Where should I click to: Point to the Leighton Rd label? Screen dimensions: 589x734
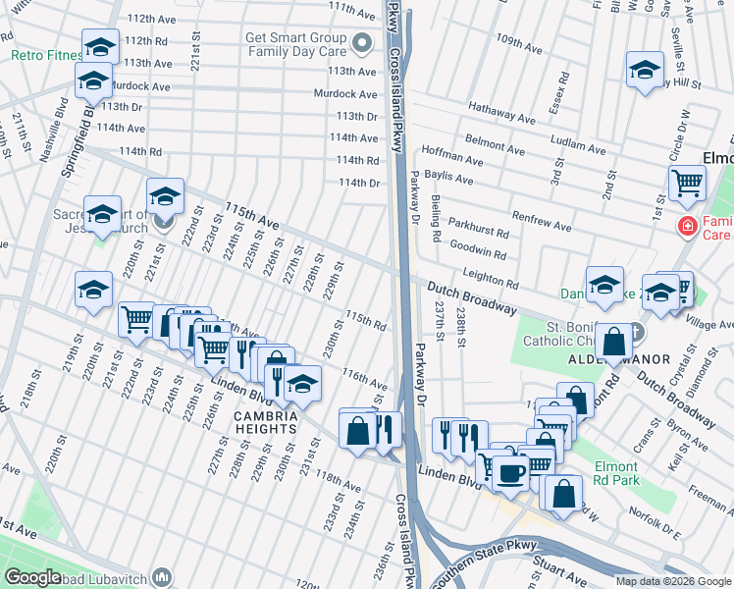pos(490,278)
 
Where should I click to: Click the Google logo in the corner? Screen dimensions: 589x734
pos(33,577)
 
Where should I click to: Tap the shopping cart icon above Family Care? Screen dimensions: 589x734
pos(688,182)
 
